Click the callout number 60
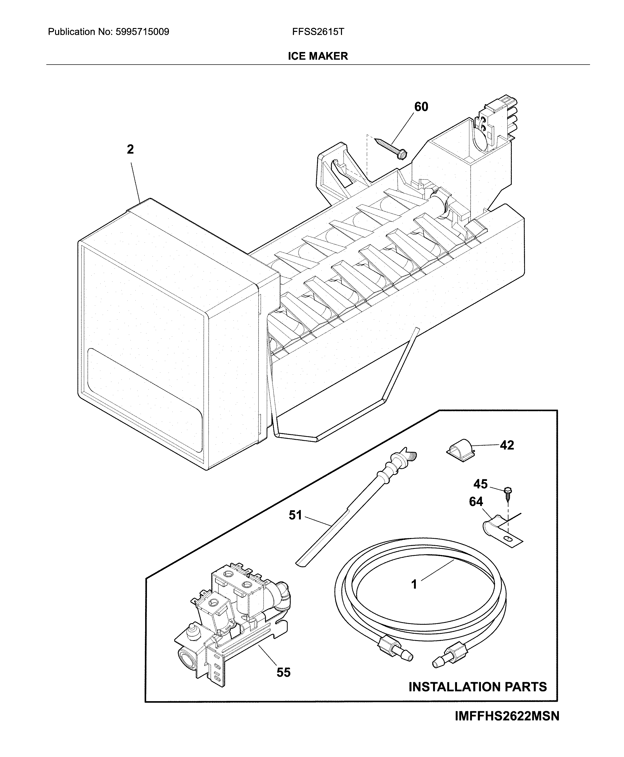(x=421, y=107)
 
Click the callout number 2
(x=130, y=149)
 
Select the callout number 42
(x=507, y=445)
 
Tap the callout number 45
(x=480, y=484)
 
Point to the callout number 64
(x=476, y=501)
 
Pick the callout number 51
(x=295, y=515)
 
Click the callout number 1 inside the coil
(x=414, y=584)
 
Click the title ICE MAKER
(x=318, y=56)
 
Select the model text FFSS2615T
(x=318, y=32)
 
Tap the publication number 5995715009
(x=142, y=32)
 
